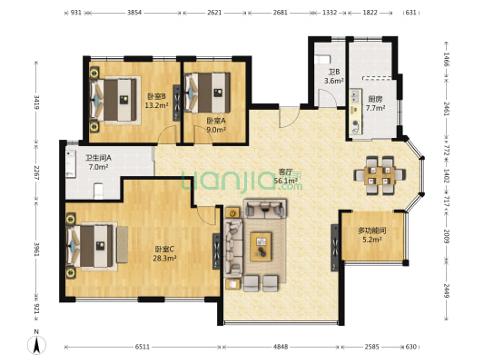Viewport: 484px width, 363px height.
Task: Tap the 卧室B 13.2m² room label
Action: (156, 101)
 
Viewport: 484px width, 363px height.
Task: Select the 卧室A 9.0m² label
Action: (216, 125)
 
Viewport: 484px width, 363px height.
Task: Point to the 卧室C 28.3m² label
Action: (164, 253)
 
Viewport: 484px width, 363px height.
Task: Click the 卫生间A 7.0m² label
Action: (98, 162)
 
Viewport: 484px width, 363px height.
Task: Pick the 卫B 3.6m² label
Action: (334, 76)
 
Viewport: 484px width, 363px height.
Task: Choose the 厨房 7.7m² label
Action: (375, 103)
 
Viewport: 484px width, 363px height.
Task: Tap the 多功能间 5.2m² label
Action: (372, 235)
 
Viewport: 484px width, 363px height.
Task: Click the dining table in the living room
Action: (380, 175)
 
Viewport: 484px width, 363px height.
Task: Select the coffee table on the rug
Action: (261, 247)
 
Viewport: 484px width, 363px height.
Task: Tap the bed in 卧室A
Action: (207, 93)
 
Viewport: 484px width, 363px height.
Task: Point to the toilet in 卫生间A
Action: (98, 191)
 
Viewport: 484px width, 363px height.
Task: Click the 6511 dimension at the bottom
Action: (143, 347)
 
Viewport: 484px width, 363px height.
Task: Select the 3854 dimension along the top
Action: (134, 13)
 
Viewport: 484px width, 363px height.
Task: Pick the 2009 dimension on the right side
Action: (447, 236)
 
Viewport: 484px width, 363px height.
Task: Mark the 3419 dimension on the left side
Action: (36, 103)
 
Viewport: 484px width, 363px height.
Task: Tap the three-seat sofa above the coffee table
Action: (265, 209)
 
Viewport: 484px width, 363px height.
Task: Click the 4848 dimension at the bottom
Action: (281, 347)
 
